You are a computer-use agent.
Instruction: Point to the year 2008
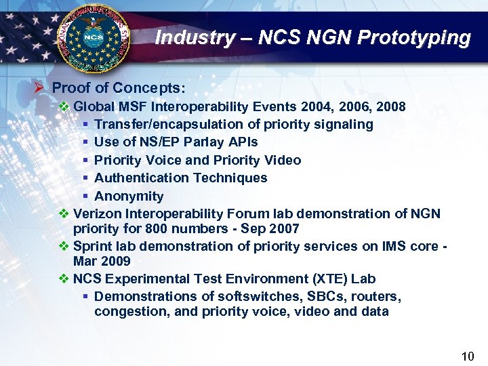point(392,106)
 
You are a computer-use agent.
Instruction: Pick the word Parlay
point(201,142)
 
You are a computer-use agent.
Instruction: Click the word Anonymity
point(129,196)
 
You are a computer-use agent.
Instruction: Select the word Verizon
point(97,213)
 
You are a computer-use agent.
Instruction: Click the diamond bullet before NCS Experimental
point(64,279)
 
